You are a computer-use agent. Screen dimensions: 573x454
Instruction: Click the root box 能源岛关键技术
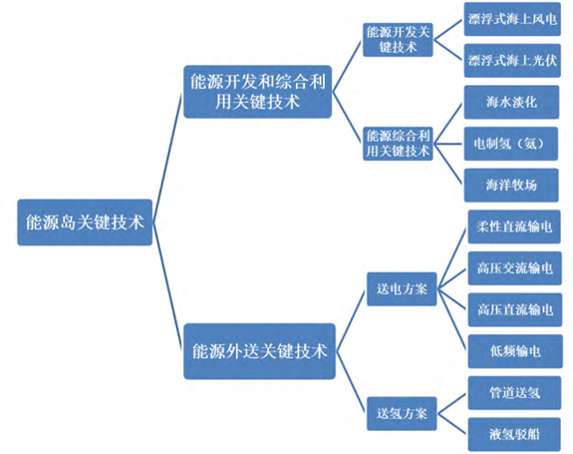pyautogui.click(x=85, y=223)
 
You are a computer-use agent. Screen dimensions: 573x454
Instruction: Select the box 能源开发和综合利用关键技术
pyautogui.click(x=258, y=92)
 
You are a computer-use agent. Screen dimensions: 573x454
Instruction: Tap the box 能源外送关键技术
pyautogui.click(x=259, y=351)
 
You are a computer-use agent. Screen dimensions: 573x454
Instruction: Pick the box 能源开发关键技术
pyautogui.click(x=398, y=40)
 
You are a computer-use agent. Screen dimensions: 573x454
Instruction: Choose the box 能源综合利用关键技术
pyautogui.click(x=398, y=144)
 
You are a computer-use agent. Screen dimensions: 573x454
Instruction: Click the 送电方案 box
pyautogui.click(x=402, y=289)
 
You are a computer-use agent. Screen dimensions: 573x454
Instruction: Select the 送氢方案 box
pyautogui.click(x=402, y=413)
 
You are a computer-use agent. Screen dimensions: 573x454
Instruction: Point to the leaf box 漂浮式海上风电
pyautogui.click(x=512, y=19)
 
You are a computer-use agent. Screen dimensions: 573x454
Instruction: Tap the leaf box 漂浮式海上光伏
pyautogui.click(x=512, y=60)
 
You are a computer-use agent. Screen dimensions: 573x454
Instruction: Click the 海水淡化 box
pyautogui.click(x=511, y=102)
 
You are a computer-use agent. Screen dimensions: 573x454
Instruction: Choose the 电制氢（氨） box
pyautogui.click(x=511, y=144)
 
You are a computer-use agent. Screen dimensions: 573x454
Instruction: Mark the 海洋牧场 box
pyautogui.click(x=511, y=186)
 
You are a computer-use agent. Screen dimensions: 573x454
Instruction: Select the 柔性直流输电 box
pyautogui.click(x=514, y=227)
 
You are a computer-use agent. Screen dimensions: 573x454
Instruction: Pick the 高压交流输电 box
pyautogui.click(x=515, y=268)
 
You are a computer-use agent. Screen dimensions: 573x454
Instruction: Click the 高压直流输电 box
pyautogui.click(x=515, y=310)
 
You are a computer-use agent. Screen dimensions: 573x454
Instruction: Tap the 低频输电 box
pyautogui.click(x=515, y=351)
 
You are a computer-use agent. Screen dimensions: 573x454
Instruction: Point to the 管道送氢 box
pyautogui.click(x=514, y=393)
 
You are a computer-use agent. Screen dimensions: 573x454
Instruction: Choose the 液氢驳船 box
pyautogui.click(x=514, y=434)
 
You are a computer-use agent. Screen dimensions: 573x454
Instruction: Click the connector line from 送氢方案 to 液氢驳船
pyautogui.click(x=452, y=424)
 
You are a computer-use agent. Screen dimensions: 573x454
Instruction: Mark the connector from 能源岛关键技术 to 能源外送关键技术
pyautogui.click(x=167, y=286)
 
